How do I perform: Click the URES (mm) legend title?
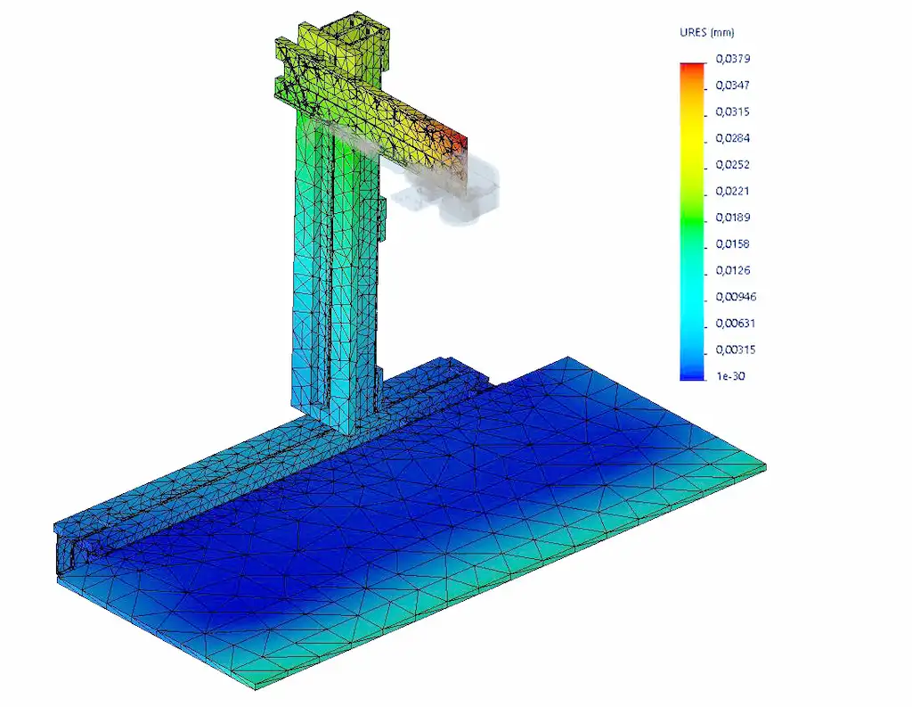tap(706, 33)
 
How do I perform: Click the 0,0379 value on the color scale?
tap(733, 59)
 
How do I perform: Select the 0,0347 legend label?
tap(733, 85)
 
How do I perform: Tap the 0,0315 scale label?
tap(733, 111)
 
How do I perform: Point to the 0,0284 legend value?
tap(733, 138)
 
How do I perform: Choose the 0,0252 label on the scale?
tap(733, 165)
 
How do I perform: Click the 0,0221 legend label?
tap(733, 191)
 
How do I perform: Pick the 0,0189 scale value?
tap(733, 218)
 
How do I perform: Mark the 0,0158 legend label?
tap(733, 244)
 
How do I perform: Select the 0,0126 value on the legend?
tap(733, 270)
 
